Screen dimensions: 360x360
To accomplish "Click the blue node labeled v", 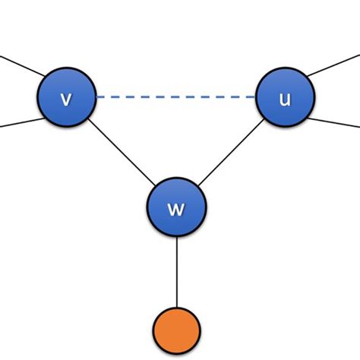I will [67, 97].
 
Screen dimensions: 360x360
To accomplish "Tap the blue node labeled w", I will [176, 207].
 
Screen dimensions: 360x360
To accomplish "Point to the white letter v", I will [67, 99].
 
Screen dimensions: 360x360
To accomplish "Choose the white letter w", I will [176, 208].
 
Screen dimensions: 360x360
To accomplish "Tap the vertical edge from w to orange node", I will [176, 270].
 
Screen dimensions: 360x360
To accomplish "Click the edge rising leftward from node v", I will [19, 66].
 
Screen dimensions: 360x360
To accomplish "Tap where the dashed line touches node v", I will [96, 97].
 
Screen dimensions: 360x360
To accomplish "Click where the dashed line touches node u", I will [256, 97].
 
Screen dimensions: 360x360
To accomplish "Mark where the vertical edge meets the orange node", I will [176, 308].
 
